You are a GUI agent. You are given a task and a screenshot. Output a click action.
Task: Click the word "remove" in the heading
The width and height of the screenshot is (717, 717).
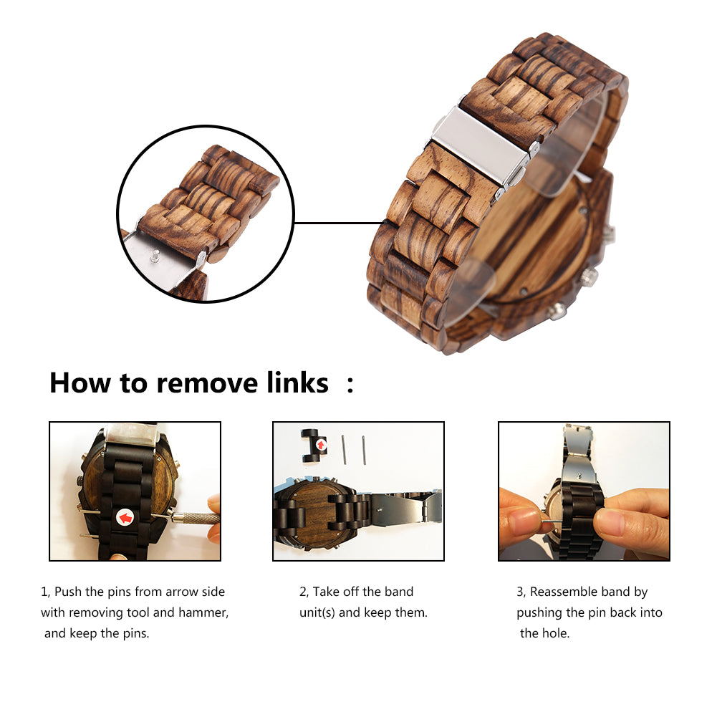click(x=208, y=383)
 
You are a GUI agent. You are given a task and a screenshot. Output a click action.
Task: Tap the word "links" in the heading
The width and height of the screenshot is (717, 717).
click(x=298, y=382)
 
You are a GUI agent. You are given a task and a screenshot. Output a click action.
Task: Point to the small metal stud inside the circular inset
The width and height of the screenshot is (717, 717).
click(x=155, y=256)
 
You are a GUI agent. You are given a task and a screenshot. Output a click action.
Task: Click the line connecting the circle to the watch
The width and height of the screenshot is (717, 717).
click(x=337, y=223)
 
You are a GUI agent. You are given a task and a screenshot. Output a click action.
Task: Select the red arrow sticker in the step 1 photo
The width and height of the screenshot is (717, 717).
click(x=125, y=517)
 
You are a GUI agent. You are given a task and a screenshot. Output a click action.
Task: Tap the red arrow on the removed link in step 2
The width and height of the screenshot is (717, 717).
click(x=321, y=445)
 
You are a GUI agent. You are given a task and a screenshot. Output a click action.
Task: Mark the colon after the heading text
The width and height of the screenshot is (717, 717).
click(x=350, y=384)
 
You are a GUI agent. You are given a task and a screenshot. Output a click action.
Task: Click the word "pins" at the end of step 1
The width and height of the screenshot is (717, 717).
click(x=136, y=634)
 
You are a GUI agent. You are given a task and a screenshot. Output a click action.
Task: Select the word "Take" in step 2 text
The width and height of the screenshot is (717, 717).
click(x=326, y=592)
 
